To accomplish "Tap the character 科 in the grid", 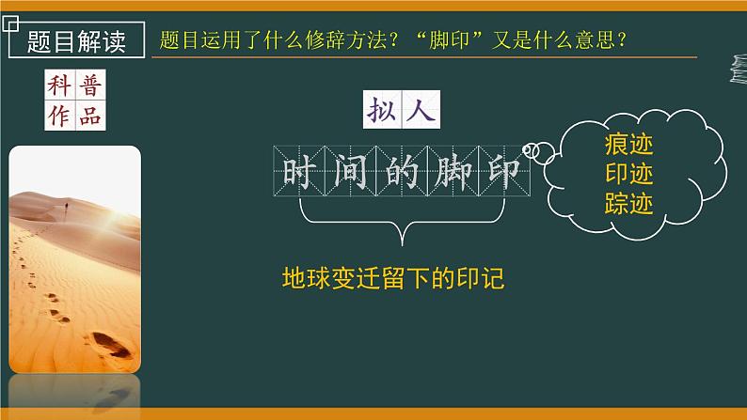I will coord(59,85).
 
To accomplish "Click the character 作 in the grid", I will coord(59,117).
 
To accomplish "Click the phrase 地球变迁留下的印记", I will coord(394,279).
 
